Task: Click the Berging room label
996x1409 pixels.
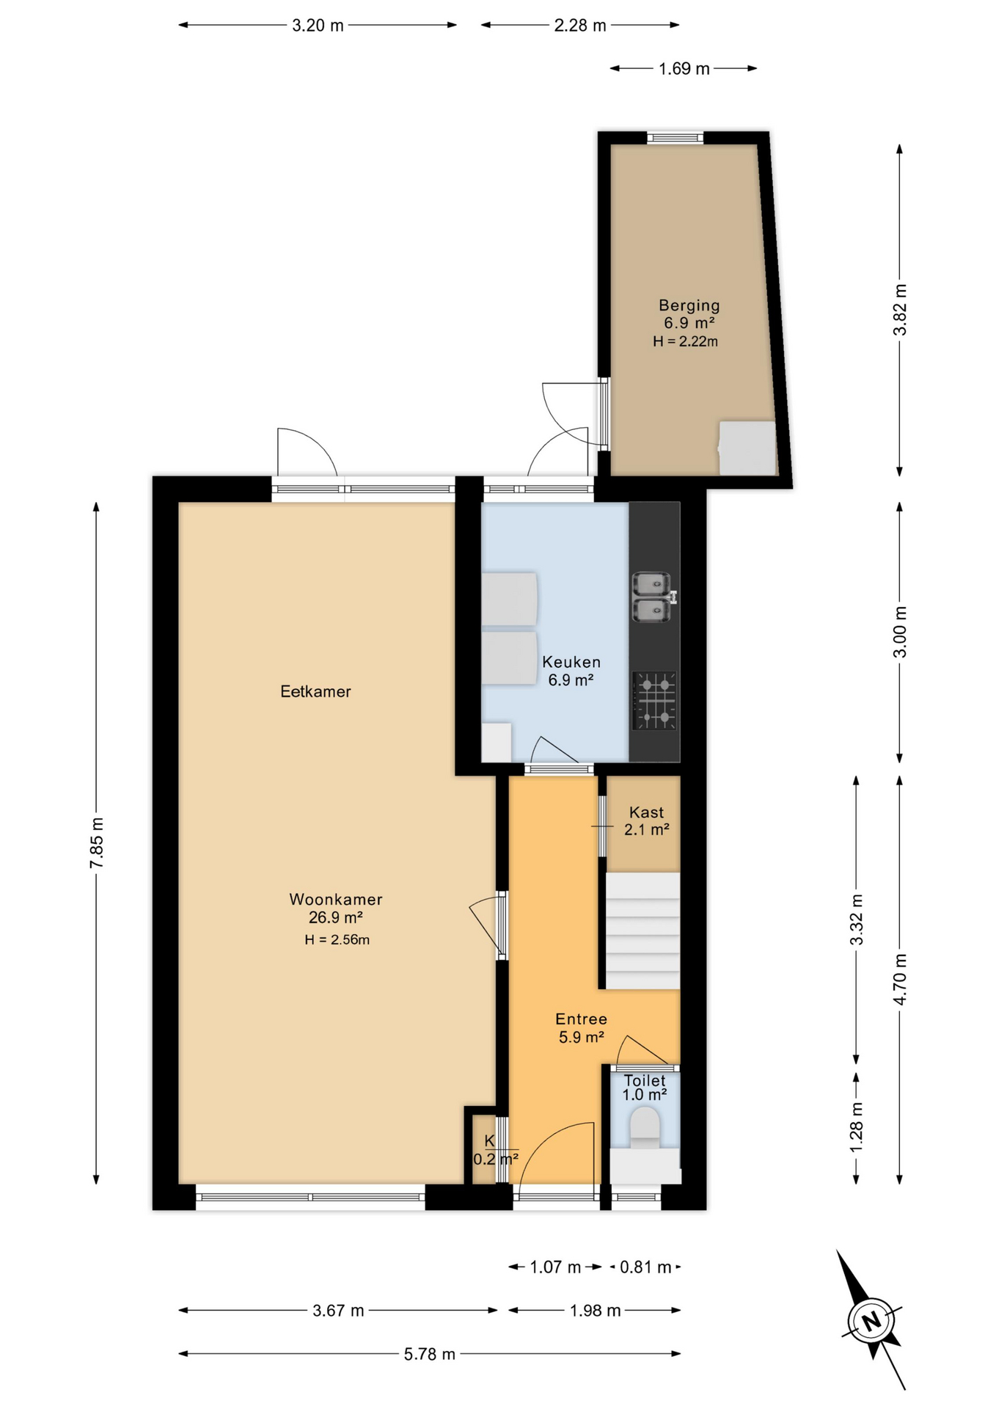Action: (x=688, y=306)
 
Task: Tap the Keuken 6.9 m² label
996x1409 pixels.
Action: (x=571, y=671)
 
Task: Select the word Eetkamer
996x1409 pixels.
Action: (x=315, y=691)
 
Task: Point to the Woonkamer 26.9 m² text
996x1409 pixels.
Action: (x=335, y=909)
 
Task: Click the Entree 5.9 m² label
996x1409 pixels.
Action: (x=581, y=1027)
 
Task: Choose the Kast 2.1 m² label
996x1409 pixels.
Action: (x=646, y=820)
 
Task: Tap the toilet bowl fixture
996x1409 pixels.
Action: (x=645, y=1126)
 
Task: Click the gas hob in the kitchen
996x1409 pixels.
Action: (x=654, y=701)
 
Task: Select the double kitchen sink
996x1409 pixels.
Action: (x=651, y=597)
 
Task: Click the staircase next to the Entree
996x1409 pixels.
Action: (x=642, y=930)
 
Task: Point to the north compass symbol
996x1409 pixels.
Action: (x=871, y=1321)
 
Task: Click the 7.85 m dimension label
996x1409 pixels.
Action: (x=96, y=842)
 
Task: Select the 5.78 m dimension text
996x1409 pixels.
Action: (x=429, y=1354)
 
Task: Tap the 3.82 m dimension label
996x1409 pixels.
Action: (x=900, y=309)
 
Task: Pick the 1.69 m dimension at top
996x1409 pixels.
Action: (x=684, y=69)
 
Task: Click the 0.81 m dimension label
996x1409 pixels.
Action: (x=645, y=1267)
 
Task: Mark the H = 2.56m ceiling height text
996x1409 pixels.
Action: (x=337, y=940)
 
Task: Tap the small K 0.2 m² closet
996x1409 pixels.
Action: (x=483, y=1149)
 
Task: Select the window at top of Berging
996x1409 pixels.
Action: (x=675, y=138)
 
